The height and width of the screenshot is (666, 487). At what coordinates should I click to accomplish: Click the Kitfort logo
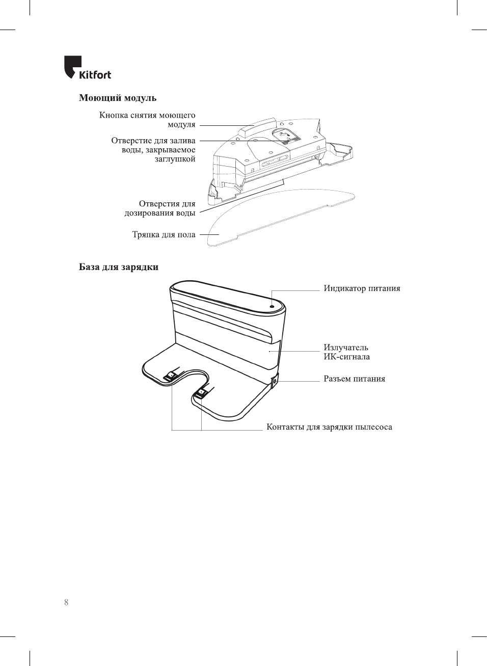click(87, 68)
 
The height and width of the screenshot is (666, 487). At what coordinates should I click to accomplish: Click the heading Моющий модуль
click(117, 98)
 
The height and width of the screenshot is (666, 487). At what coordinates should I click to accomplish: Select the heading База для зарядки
click(118, 267)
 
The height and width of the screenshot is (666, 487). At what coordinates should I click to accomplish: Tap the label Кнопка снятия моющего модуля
click(147, 120)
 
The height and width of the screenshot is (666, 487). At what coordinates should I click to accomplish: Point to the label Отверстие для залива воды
click(153, 149)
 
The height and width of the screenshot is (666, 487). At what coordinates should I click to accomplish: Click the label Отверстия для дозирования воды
click(160, 208)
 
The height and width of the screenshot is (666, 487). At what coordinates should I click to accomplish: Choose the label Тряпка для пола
click(164, 235)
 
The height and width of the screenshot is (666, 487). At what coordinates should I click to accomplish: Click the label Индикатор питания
click(362, 288)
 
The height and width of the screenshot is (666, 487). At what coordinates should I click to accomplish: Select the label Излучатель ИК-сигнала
click(346, 352)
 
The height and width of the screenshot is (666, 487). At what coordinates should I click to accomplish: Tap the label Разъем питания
click(354, 379)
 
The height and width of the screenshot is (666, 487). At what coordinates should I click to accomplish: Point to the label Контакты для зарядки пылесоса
click(329, 427)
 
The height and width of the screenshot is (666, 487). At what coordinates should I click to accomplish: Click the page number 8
click(66, 602)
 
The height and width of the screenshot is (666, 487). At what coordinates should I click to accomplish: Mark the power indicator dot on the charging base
click(272, 307)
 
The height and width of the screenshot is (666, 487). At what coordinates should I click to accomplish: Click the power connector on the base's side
click(275, 381)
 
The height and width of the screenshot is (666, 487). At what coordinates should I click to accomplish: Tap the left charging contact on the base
click(171, 376)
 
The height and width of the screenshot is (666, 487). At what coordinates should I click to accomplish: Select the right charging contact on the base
click(201, 392)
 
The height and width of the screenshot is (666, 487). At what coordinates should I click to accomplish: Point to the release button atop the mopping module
click(258, 126)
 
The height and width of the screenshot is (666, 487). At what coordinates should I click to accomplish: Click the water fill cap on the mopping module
click(286, 136)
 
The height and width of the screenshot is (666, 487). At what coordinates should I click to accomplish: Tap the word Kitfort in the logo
click(95, 75)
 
